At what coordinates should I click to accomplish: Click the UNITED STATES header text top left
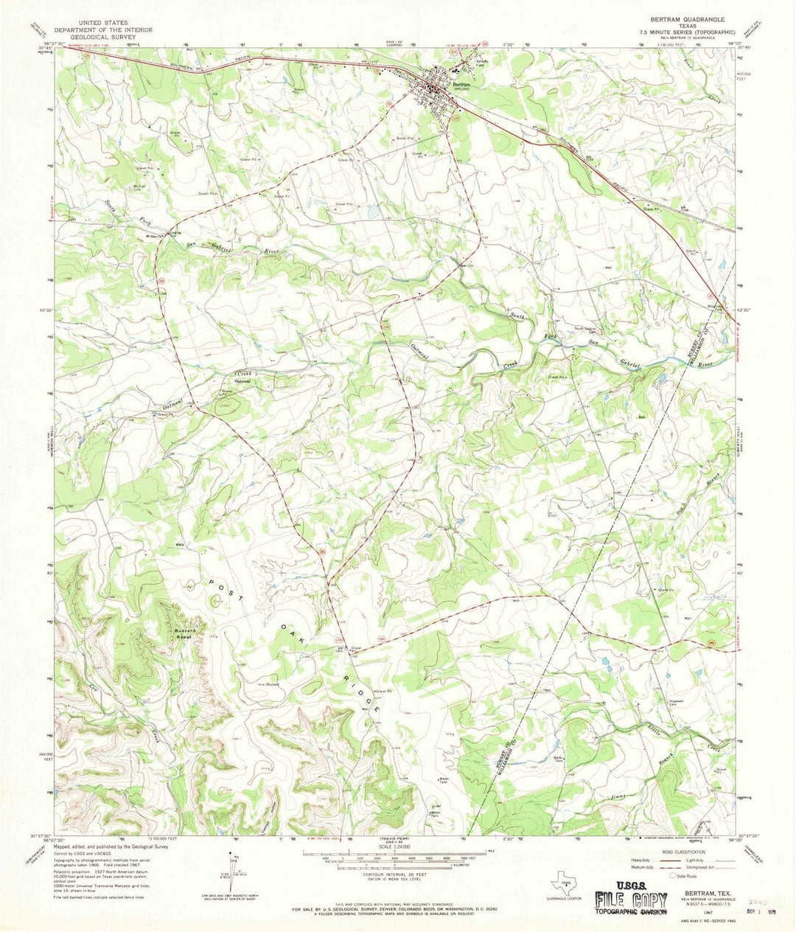(95, 23)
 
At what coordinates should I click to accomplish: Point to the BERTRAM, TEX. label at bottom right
(687, 892)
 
